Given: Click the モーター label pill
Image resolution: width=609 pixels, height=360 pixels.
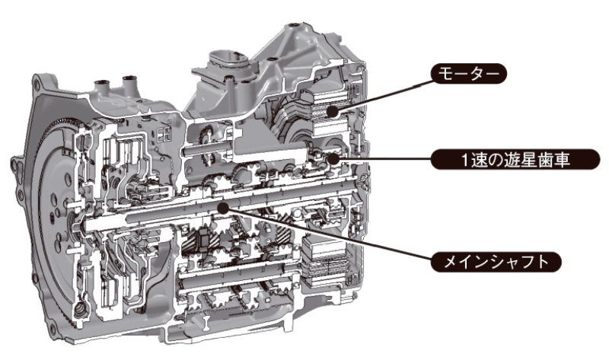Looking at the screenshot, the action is tap(469, 74).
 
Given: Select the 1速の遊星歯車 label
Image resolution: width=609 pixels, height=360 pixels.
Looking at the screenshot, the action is tap(515, 159).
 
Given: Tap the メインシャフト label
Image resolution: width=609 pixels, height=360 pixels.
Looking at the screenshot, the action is tap(496, 262).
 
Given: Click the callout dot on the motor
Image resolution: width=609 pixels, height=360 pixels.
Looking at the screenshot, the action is tap(331, 112).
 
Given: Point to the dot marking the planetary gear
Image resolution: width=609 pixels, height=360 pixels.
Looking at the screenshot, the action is tap(333, 159).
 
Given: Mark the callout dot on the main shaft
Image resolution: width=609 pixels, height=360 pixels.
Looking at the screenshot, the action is tap(223, 208).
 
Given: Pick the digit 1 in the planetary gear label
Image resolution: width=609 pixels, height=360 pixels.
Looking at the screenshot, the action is tap(464, 160).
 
